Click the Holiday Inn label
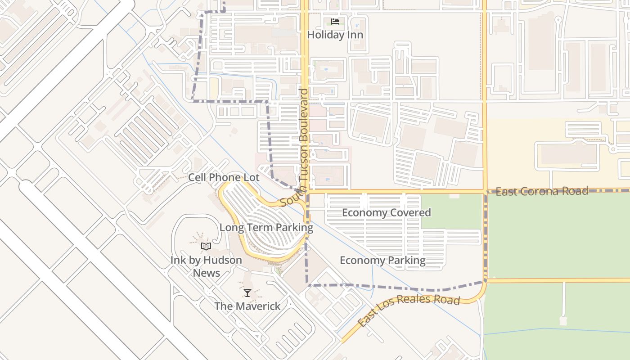[x=335, y=35]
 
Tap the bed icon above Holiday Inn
[x=335, y=21]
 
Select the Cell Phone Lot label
[x=224, y=177]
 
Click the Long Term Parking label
[x=266, y=228]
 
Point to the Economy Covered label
[x=387, y=212]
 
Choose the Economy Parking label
[x=382, y=261]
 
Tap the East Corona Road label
[x=541, y=191]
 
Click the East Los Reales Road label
[x=409, y=311]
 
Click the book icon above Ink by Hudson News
[x=206, y=246]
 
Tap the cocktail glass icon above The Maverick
[x=247, y=293]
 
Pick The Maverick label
[x=247, y=306]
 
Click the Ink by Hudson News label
[x=206, y=266]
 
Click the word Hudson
[x=223, y=260]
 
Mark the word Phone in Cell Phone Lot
[x=225, y=177]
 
